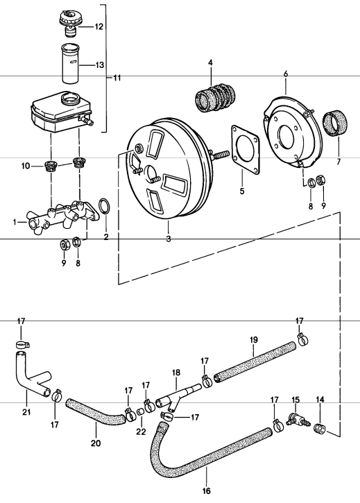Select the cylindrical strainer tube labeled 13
coord(69,65)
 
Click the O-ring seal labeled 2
coord(103,207)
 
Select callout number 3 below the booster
coord(167,238)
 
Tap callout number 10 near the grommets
coord(26,166)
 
